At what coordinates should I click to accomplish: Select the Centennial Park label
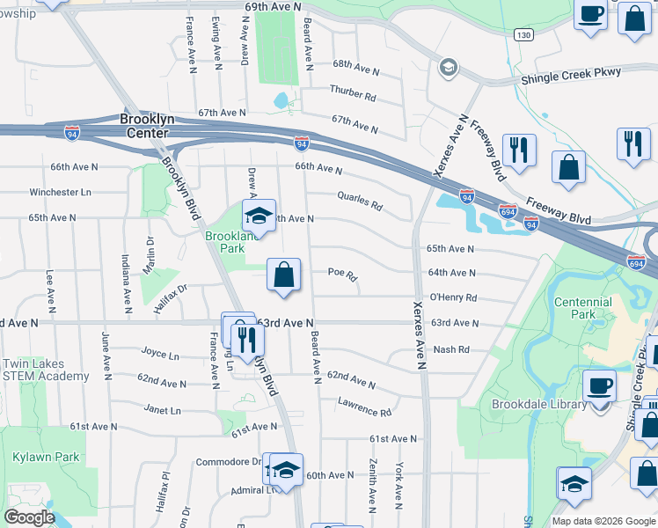582,307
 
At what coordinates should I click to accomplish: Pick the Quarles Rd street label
359,202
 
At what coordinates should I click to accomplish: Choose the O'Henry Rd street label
452,298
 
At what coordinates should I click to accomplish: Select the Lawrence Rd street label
363,407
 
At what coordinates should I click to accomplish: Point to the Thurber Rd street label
353,92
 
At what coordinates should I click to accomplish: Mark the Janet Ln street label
162,410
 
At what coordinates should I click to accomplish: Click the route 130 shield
524,34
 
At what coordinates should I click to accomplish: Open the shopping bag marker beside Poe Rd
284,275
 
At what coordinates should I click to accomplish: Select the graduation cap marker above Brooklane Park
260,216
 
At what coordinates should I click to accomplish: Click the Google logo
29,517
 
